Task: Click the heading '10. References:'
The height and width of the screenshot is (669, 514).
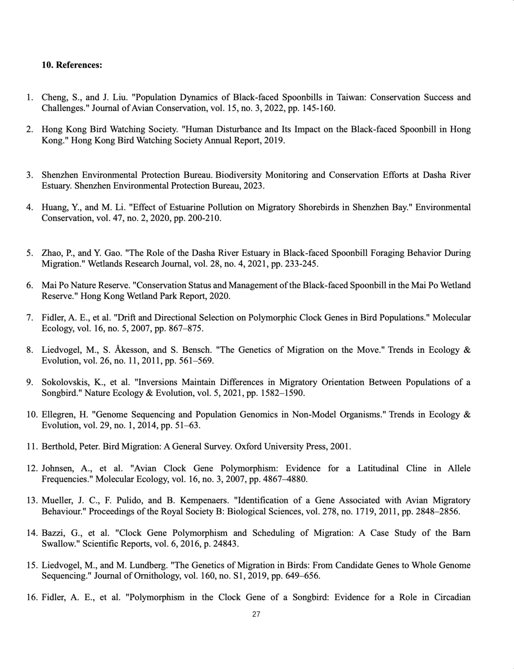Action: point(72,65)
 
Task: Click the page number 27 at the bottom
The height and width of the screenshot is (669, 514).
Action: point(256,614)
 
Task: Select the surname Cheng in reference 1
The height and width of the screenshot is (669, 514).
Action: point(53,97)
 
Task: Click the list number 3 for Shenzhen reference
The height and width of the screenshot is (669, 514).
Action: point(30,175)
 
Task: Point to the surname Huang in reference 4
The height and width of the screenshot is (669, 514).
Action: point(53,208)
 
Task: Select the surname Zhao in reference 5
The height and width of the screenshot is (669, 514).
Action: point(51,253)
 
